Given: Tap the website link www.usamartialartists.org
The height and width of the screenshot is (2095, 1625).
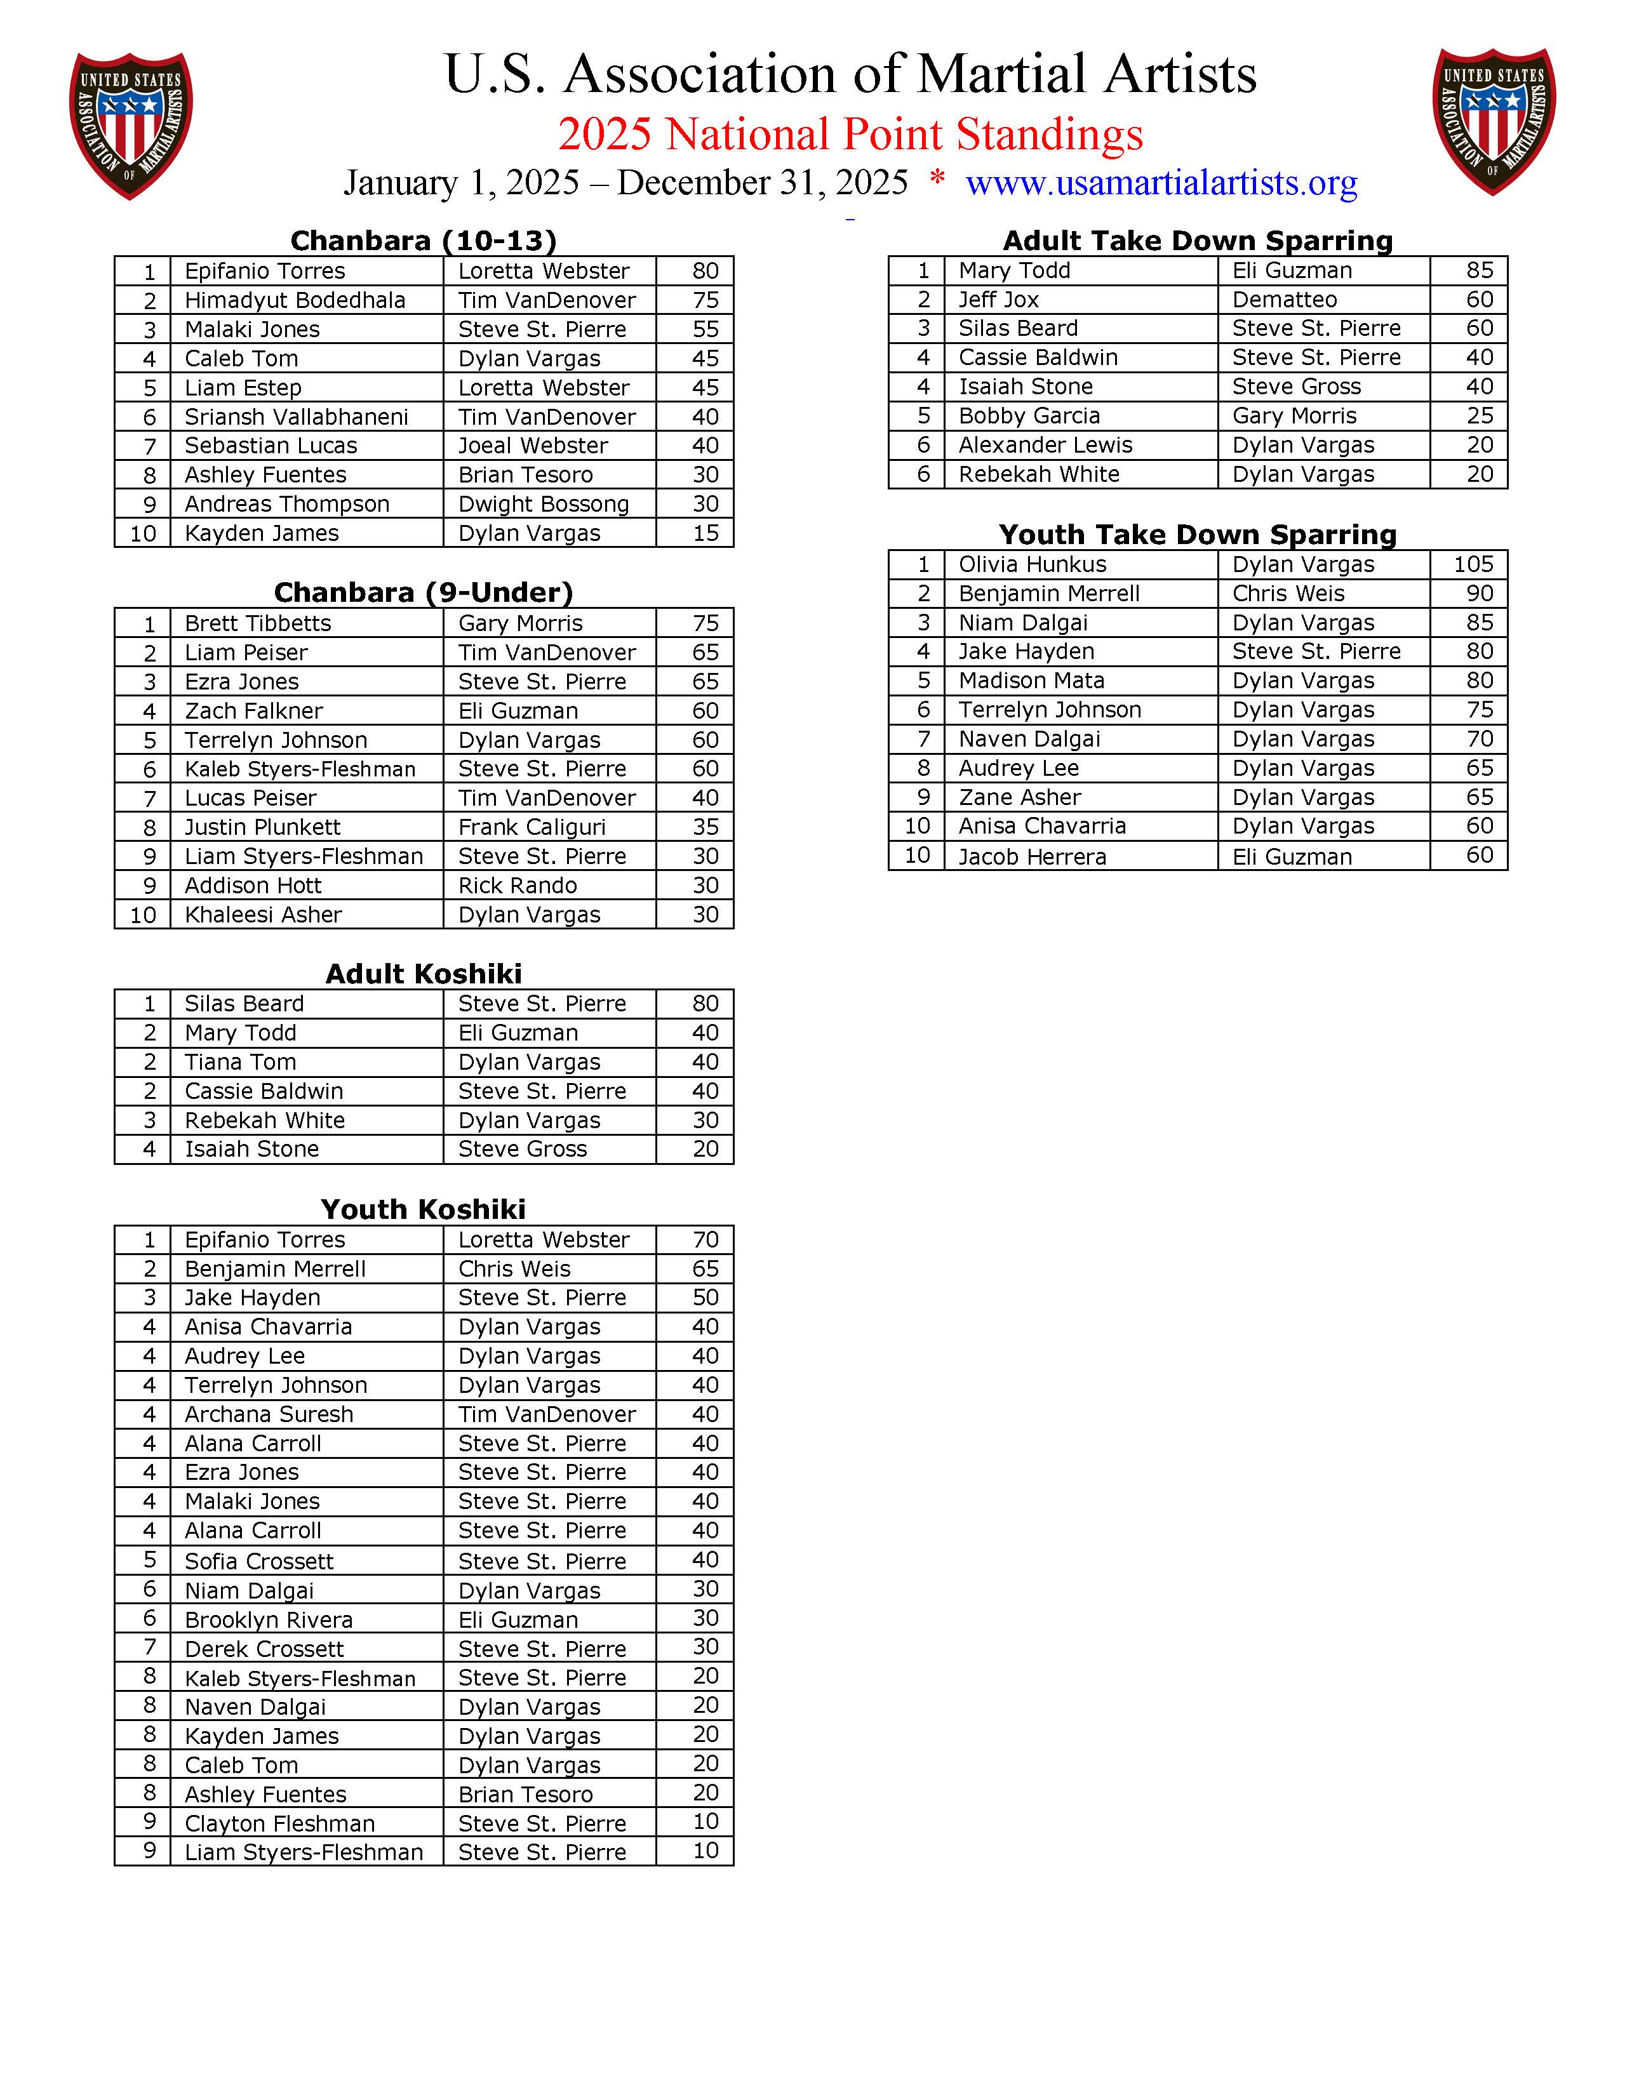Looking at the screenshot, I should (1161, 182).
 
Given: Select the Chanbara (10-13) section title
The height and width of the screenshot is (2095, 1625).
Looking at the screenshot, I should (423, 240).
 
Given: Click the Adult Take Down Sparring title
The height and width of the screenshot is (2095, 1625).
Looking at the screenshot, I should (1197, 240).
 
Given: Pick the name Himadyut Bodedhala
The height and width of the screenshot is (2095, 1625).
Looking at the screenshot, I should (295, 300).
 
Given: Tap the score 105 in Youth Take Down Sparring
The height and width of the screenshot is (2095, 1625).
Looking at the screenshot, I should (1473, 564).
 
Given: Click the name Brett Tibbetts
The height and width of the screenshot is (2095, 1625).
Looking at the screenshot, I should (257, 623).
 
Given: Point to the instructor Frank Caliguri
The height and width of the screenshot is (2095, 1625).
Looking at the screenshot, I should (532, 827).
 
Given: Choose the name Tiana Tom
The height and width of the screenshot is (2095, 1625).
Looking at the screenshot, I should (240, 1062).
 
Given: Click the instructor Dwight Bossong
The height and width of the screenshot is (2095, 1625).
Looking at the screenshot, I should (543, 503).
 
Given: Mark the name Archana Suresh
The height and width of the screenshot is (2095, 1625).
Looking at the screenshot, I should (269, 1414).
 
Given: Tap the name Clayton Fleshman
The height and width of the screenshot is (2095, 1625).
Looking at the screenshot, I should (279, 1823).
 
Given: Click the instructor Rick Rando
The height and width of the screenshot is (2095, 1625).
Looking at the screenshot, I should (517, 886).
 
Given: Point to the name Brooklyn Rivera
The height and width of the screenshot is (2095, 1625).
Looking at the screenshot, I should (269, 1620).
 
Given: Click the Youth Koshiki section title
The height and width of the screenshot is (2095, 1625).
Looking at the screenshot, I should (423, 1209).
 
